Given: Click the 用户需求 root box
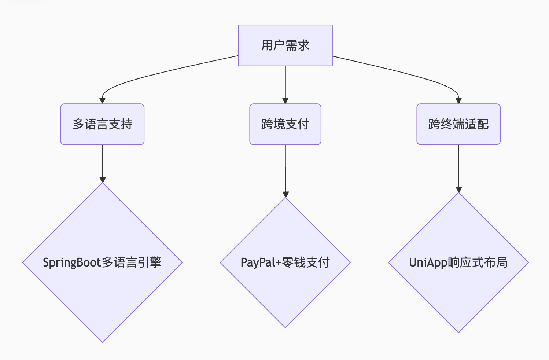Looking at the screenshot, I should [285, 45].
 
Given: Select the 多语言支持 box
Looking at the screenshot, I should [102, 124].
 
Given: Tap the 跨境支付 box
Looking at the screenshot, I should [285, 124].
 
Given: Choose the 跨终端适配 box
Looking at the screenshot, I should [458, 124].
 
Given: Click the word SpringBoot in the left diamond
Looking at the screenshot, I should [72, 262].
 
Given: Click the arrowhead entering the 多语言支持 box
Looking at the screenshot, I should [102, 101].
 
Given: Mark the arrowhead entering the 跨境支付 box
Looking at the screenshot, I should [285, 101].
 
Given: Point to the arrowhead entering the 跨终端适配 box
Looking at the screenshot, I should [458, 101].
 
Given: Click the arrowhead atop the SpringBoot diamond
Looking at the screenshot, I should [102, 180].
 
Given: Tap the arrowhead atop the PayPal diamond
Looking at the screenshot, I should [285, 194].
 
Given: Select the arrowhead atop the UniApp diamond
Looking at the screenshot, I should [458, 190].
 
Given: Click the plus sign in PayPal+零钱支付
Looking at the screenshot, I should [278, 263].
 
